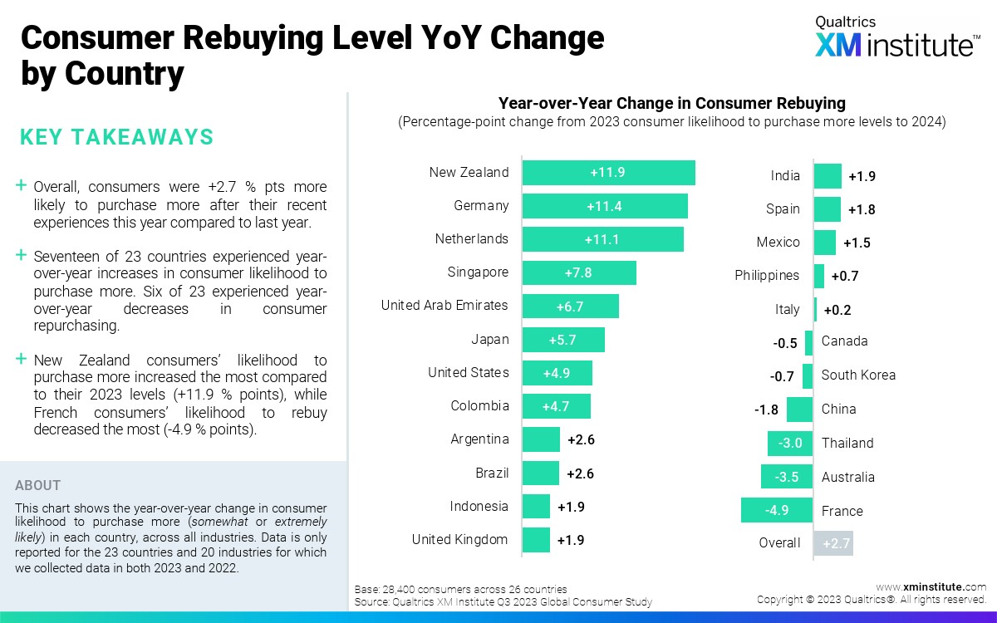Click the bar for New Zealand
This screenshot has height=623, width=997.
(x=608, y=173)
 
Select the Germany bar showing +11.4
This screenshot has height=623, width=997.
(x=605, y=206)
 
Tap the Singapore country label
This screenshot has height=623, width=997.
(x=478, y=272)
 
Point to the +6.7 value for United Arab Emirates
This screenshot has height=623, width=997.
(x=570, y=307)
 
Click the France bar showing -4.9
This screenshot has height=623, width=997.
(x=777, y=511)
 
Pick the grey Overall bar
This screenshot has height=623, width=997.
(x=833, y=543)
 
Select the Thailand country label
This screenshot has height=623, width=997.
(x=847, y=443)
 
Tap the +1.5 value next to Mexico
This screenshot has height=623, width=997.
(x=857, y=243)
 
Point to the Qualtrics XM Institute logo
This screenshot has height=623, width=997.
(x=896, y=38)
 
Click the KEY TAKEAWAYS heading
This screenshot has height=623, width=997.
(x=116, y=137)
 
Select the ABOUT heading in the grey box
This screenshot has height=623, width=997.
(x=38, y=486)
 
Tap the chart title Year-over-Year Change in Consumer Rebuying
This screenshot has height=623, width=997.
(x=671, y=104)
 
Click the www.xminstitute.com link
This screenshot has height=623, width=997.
(x=931, y=586)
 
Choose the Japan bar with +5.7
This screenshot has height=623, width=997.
(x=563, y=340)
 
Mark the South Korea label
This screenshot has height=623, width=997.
(x=858, y=375)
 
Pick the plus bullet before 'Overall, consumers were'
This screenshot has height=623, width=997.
(x=21, y=186)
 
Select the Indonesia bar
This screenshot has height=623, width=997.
(x=536, y=507)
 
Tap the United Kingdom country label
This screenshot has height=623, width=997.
(x=459, y=540)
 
